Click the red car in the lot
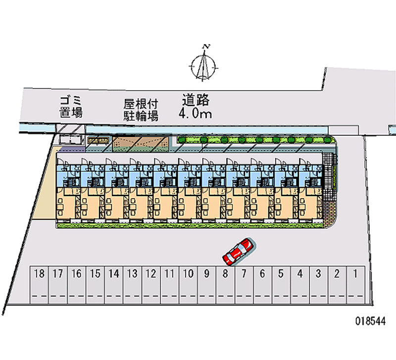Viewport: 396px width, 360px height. (239, 252)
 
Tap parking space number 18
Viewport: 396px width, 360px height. (39, 284)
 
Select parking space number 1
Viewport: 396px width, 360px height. (355, 284)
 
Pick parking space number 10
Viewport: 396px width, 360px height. (188, 284)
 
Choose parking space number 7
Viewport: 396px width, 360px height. (244, 284)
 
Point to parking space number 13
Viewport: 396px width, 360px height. (132, 284)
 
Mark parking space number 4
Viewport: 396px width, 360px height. (300, 284)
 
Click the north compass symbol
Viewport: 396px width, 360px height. (203, 66)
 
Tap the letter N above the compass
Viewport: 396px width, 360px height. (206, 47)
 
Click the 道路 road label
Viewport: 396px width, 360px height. (196, 100)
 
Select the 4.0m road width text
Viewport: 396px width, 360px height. (195, 113)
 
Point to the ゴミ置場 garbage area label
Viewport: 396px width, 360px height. (71, 107)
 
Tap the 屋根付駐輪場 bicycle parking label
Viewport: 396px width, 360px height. (141, 110)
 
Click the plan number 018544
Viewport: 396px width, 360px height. (370, 321)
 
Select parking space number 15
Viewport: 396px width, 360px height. (95, 284)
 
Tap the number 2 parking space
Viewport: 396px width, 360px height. (337, 284)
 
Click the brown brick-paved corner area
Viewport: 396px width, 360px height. (329, 213)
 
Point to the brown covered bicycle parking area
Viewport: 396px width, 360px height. (140, 144)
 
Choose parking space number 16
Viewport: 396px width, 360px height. (77, 284)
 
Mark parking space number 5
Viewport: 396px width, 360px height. (281, 284)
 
